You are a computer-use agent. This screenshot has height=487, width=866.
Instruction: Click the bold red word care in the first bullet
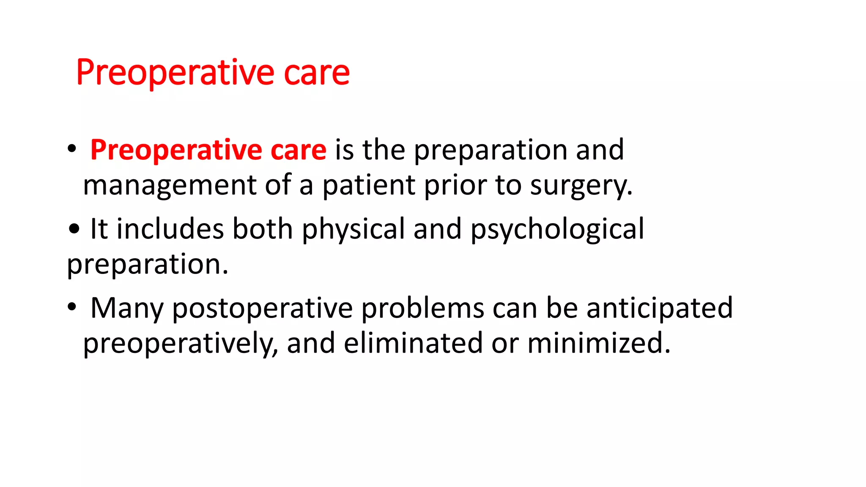[298, 151]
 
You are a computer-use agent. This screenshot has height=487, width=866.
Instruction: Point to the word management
[170, 186]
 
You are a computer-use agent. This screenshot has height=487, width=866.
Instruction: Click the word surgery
[581, 186]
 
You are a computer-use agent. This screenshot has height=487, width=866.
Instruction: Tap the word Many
[126, 309]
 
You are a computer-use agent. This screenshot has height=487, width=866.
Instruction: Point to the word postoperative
[262, 309]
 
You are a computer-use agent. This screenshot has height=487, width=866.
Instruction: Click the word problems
[422, 308]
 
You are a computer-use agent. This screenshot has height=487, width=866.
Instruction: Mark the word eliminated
[413, 343]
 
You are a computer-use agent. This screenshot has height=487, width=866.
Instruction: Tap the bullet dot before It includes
[74, 229]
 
